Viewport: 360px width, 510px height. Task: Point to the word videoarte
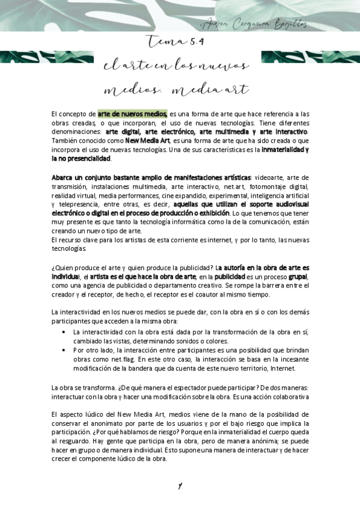267,178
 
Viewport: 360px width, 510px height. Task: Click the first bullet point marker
64,332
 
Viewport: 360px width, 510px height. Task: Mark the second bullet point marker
64,350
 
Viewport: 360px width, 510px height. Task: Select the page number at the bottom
180,486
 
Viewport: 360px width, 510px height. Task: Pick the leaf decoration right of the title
310,58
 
